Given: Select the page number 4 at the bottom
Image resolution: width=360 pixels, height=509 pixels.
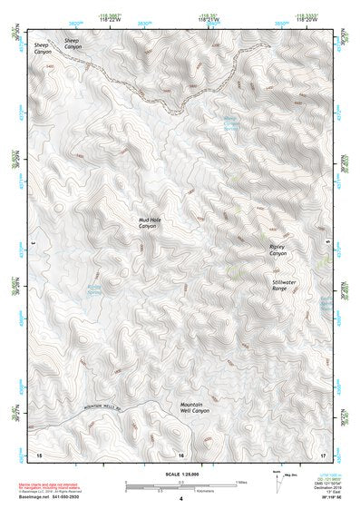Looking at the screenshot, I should coord(180,499).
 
